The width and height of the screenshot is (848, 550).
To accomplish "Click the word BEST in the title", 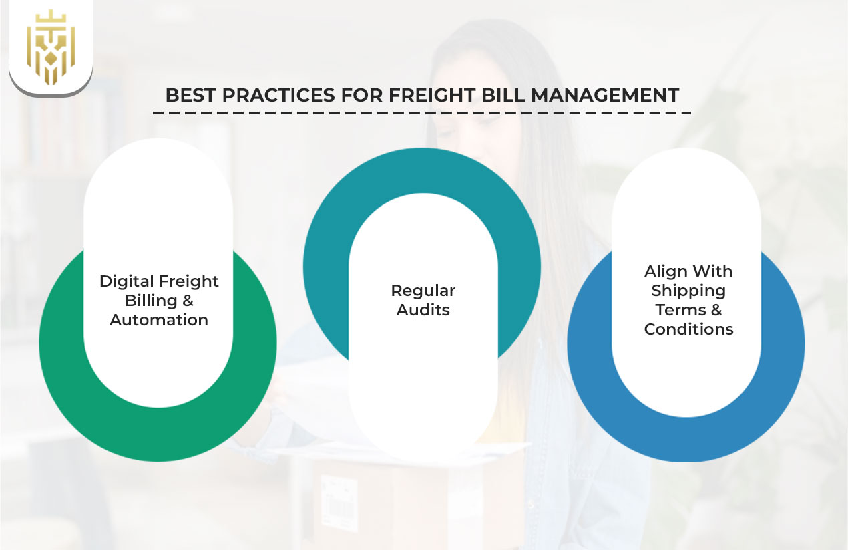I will (x=190, y=95).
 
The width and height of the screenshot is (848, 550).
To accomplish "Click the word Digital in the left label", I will (x=126, y=281).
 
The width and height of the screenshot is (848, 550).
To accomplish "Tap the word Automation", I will (x=159, y=320).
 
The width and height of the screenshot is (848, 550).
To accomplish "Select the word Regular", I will (x=423, y=291).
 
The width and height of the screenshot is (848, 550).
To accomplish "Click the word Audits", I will (x=423, y=310).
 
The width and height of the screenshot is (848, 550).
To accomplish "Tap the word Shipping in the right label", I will (x=688, y=291).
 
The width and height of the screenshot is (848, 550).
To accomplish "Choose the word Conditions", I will (x=688, y=329).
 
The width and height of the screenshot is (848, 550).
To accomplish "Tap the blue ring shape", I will (x=781, y=374).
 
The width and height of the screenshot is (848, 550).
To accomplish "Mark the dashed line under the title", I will (x=421, y=112).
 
